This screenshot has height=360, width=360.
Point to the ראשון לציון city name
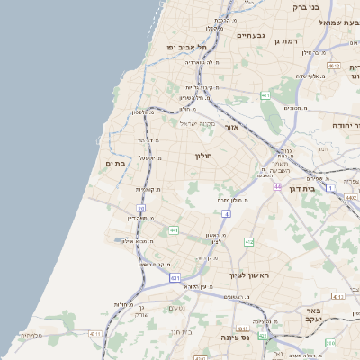point(245,274)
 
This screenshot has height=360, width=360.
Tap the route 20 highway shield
point(140,208)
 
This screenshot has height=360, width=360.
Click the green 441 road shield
point(173,230)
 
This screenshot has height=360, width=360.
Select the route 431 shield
point(175,278)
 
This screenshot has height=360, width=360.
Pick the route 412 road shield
point(249,241)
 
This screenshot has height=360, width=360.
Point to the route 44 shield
point(278,185)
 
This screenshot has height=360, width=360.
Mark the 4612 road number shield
point(334,66)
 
